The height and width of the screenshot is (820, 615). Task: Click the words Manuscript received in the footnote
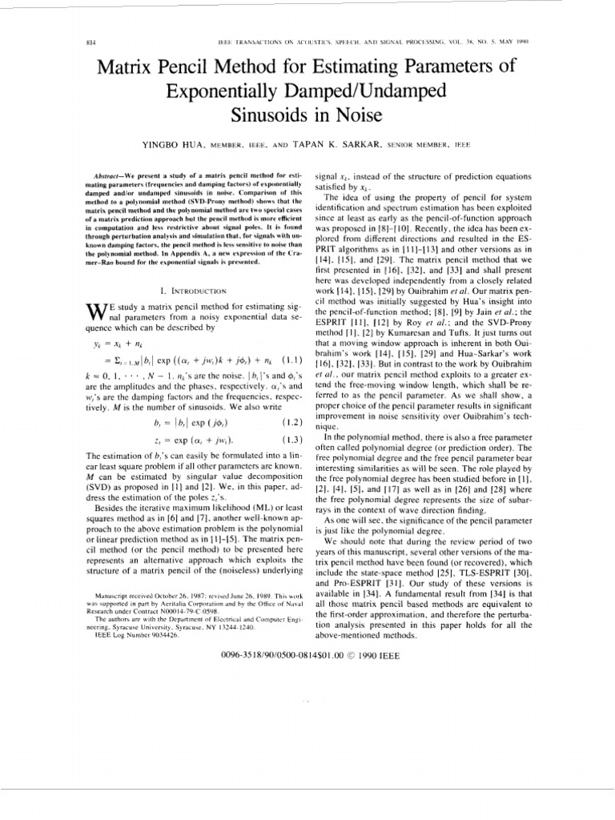point(120,597)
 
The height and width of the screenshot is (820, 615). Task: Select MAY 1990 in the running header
point(514,41)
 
